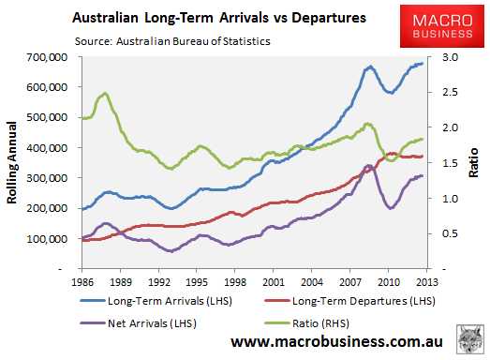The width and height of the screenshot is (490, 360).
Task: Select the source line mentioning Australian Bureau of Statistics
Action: tap(165, 40)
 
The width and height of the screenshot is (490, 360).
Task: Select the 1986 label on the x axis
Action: tap(82, 281)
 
